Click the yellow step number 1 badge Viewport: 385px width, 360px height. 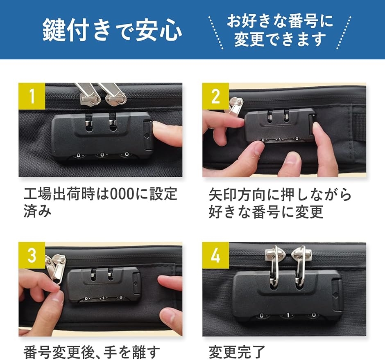tap(32, 96)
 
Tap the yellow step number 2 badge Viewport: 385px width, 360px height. tap(215, 96)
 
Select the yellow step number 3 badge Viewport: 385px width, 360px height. tap(32, 255)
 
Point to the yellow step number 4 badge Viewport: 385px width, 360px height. tap(215, 255)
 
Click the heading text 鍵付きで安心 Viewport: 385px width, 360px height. tap(112, 30)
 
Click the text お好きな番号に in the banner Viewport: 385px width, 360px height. tap(280, 21)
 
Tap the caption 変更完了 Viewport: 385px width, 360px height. tap(237, 352)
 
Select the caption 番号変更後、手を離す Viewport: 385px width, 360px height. tap(92, 352)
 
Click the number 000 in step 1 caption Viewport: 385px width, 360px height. tap(122, 194)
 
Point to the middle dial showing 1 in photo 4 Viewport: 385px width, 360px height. tap(288, 315)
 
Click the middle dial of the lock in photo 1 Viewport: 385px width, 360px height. tap(102, 155)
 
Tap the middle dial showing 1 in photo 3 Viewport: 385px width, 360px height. tap(103, 298)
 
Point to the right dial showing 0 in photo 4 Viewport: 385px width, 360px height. tap(314, 315)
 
